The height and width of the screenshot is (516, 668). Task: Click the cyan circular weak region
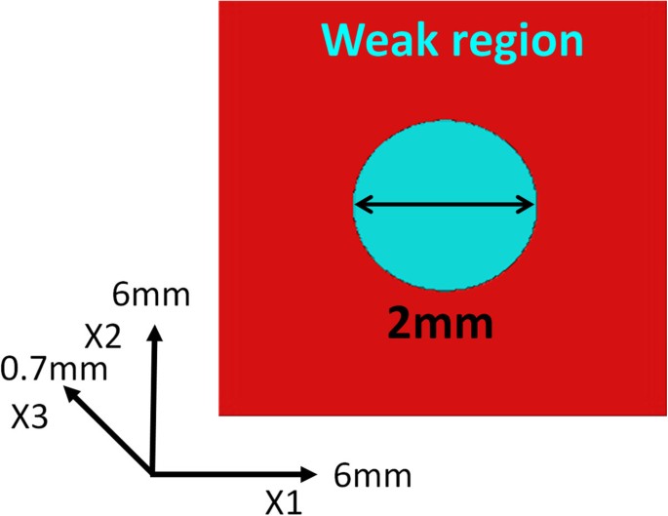point(444,244)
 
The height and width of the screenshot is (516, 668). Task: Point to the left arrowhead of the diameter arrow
point(359,205)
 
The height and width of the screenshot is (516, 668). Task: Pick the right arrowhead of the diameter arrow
point(530,205)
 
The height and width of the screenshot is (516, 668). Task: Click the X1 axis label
point(284,501)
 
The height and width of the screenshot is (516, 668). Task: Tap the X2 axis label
point(102,337)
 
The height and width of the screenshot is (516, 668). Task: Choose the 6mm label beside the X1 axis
point(372,477)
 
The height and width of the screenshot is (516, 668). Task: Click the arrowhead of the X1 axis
point(311,474)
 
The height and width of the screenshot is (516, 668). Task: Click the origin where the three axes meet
point(152,473)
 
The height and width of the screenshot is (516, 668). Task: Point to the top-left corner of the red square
point(217,2)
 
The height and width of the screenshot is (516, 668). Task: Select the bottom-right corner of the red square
point(666,416)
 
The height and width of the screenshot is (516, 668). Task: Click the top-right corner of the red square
point(666,2)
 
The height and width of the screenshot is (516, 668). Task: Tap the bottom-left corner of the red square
point(217,416)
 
